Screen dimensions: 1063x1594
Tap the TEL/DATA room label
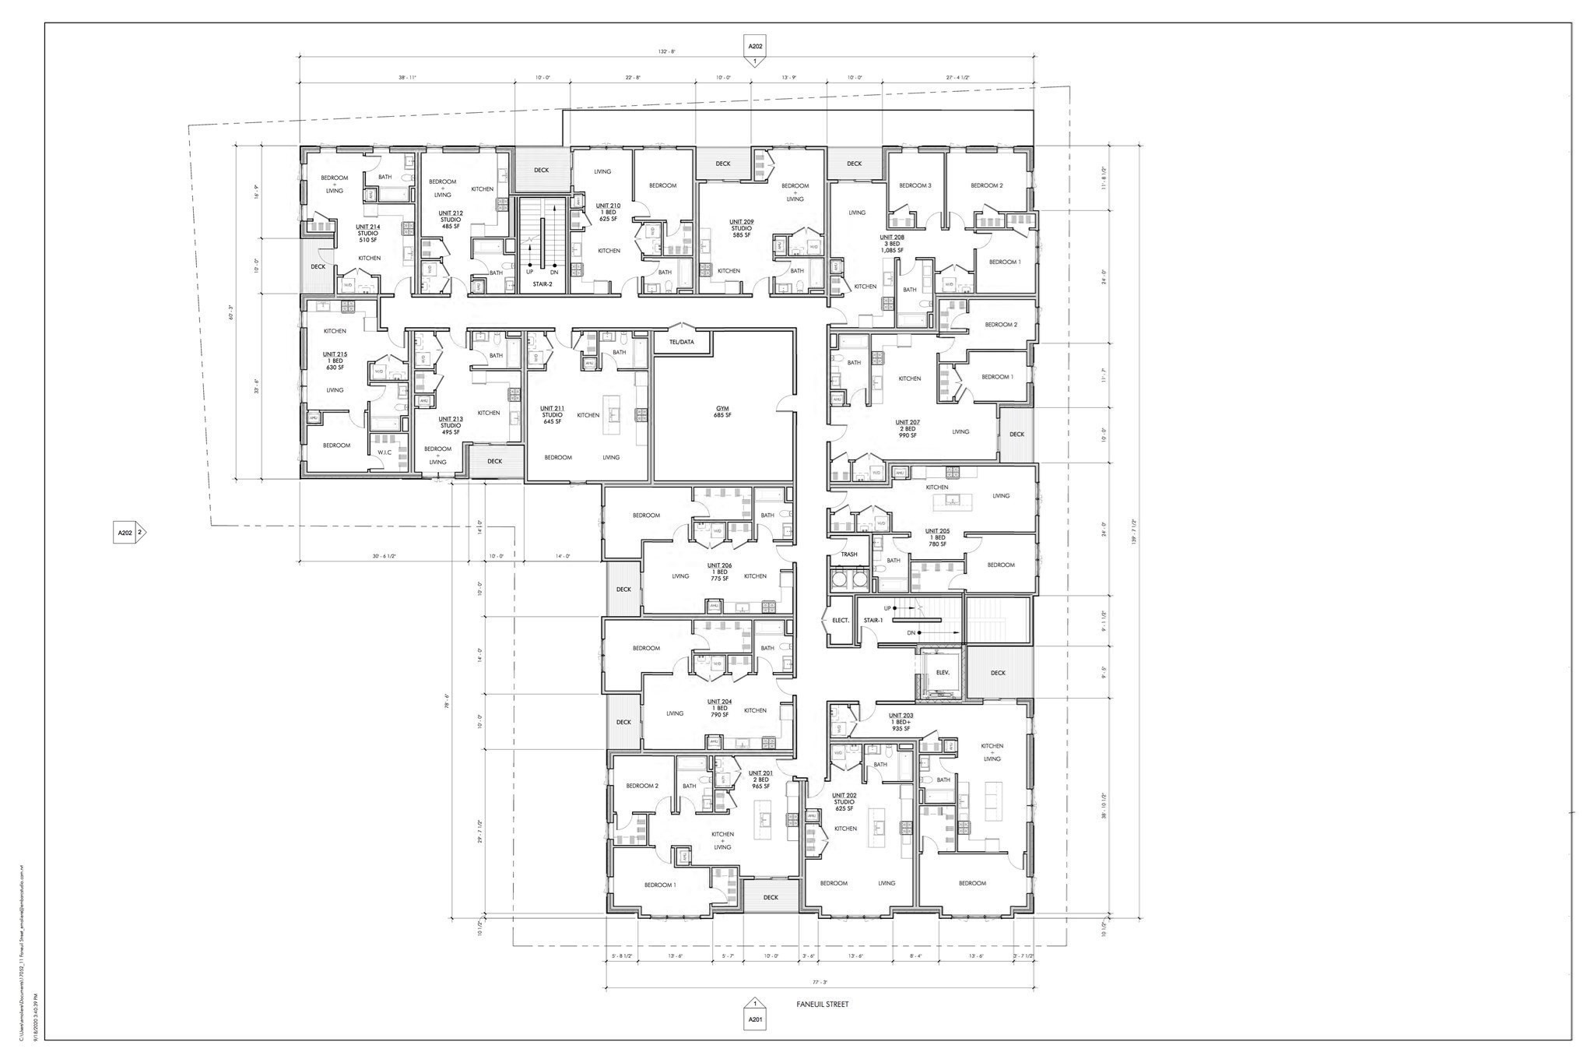[x=681, y=342]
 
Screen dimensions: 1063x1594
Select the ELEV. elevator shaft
[x=940, y=673]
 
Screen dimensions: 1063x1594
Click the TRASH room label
[x=848, y=554]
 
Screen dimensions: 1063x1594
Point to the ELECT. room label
[x=840, y=620]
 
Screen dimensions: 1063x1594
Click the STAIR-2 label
[x=542, y=286]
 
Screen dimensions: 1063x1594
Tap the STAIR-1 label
[x=872, y=620]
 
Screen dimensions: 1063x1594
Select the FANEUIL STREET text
[x=823, y=1004]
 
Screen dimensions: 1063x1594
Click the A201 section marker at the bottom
[x=755, y=1019]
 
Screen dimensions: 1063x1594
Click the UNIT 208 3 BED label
[x=892, y=244]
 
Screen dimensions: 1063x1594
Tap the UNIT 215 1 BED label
[x=335, y=361]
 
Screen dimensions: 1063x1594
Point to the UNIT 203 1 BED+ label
[x=901, y=722]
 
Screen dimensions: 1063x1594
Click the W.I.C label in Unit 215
[x=384, y=452]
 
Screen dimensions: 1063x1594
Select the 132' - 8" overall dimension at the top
[x=666, y=51]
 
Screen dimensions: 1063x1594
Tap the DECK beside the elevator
[x=998, y=673]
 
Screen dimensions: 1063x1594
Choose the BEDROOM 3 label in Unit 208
[x=915, y=185]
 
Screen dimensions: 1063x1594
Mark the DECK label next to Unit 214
[x=318, y=266]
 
